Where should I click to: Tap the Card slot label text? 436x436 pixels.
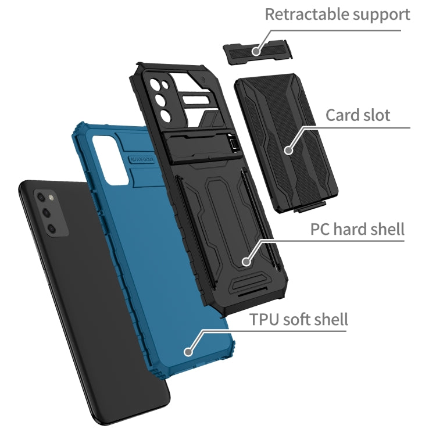[x=358, y=115]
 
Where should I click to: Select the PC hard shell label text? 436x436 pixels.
[x=358, y=229]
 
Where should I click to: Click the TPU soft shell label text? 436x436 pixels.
[x=298, y=319]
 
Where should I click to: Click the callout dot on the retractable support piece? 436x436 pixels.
[x=256, y=51]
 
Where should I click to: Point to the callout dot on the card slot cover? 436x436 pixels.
[x=289, y=150]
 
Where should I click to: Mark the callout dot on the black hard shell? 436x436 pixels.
[x=246, y=262]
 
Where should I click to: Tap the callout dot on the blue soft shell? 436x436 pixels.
[x=188, y=352]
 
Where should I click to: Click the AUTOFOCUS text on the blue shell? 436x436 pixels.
[x=142, y=160]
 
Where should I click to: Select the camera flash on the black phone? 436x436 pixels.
[x=51, y=198]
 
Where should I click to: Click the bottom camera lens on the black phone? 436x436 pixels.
[x=51, y=228]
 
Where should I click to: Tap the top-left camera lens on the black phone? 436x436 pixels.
[x=41, y=197]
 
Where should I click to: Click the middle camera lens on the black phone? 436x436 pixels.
[x=46, y=213]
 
